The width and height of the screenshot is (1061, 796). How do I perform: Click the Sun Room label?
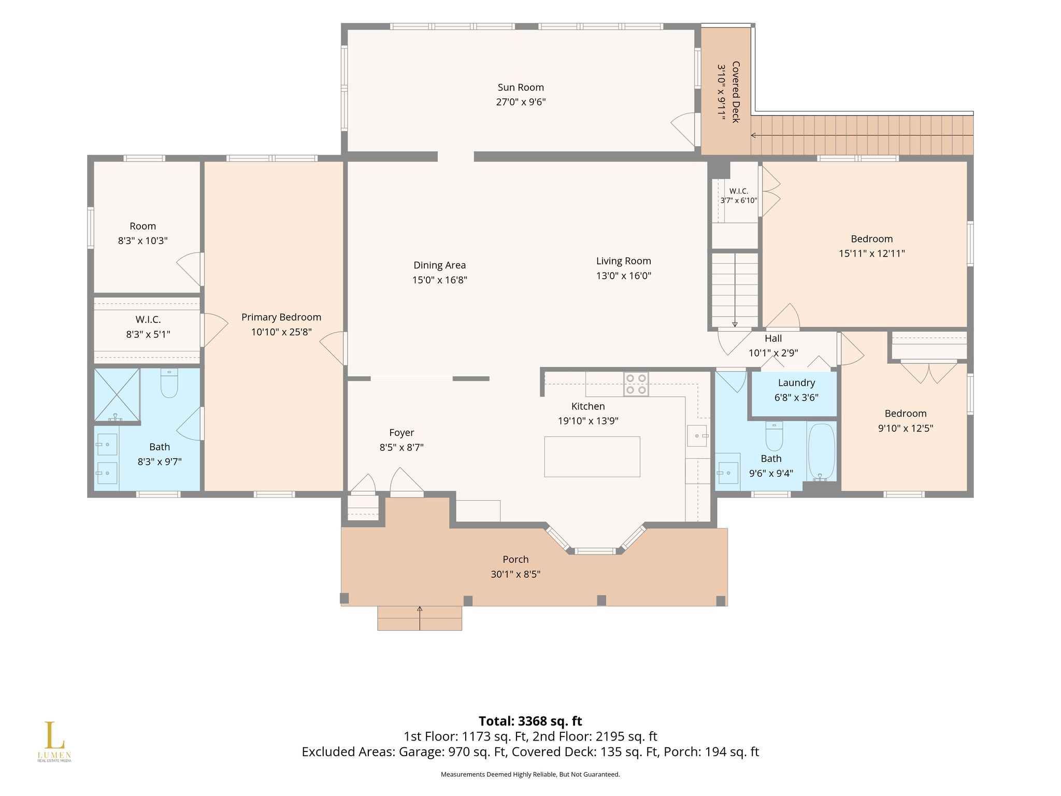point(521,88)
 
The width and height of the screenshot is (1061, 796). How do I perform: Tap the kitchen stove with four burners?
point(636,384)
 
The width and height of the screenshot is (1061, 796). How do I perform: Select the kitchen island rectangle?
point(592,457)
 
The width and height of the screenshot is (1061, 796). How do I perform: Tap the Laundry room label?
point(796,383)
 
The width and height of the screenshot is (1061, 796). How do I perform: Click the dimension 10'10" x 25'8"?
point(281,332)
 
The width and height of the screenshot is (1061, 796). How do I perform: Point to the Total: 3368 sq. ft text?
point(530,721)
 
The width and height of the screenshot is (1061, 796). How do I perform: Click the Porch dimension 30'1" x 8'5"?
point(515,574)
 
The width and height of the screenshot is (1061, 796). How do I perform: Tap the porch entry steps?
point(420,618)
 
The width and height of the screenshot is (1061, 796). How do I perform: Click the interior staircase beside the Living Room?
point(735,290)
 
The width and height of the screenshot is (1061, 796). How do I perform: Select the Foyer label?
point(402,433)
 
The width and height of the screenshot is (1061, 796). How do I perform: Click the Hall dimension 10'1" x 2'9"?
point(773,353)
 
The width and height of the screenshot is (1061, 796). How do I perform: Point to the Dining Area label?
point(439,265)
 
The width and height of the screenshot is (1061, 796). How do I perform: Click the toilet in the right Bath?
point(774,436)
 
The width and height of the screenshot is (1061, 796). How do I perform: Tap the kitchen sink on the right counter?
point(698,436)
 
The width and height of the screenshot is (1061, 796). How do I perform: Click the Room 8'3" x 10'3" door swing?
point(189,269)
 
